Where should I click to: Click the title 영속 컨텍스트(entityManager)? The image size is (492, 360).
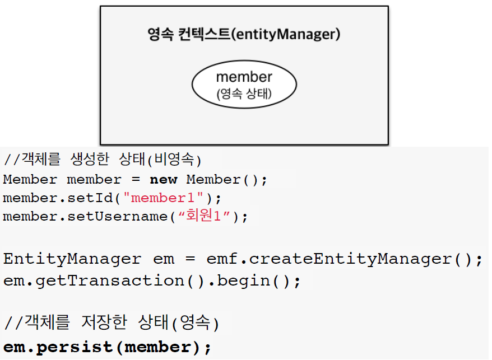(x=244, y=34)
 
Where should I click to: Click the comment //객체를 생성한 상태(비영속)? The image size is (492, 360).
(x=102, y=160)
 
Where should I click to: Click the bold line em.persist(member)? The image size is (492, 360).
(x=108, y=347)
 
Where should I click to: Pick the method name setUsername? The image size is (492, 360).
(x=117, y=216)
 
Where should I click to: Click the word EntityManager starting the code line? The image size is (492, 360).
(x=72, y=259)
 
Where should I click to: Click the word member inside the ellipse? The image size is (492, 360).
(x=244, y=77)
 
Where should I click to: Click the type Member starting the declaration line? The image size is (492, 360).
(x=30, y=180)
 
